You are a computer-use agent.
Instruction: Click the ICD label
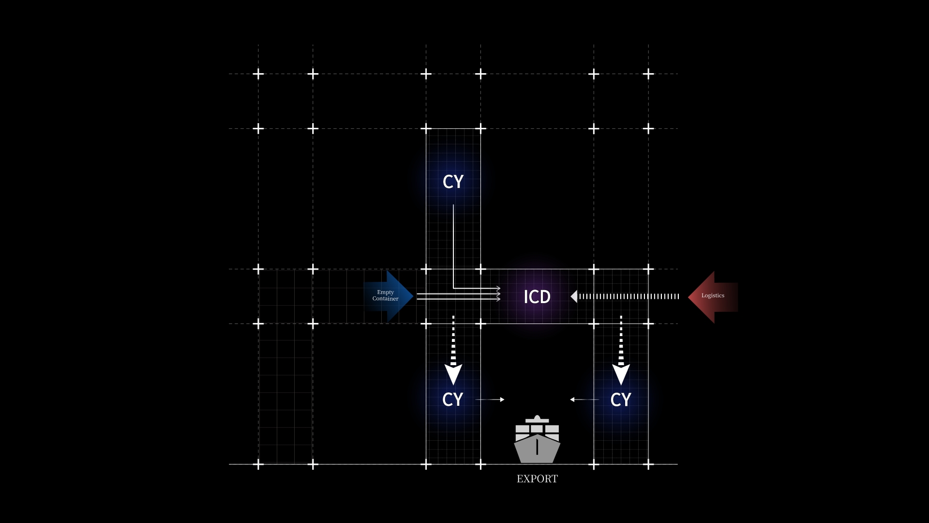click(x=537, y=296)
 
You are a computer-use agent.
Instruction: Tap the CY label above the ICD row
click(x=453, y=182)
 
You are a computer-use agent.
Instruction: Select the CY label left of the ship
click(x=453, y=400)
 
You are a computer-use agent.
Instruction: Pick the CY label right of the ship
click(x=621, y=400)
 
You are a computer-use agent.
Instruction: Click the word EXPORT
click(x=537, y=479)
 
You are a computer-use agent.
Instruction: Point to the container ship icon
click(x=537, y=439)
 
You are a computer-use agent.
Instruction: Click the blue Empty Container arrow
click(x=389, y=296)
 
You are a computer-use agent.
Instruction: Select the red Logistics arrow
click(x=713, y=297)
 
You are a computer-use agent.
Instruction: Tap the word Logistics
click(x=713, y=295)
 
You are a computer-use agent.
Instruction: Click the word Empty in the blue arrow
click(x=386, y=292)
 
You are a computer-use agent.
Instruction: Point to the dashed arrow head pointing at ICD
click(x=574, y=296)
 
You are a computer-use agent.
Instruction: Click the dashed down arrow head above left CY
click(x=453, y=374)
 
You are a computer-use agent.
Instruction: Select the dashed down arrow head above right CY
click(x=621, y=374)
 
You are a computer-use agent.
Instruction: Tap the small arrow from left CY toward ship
click(x=490, y=400)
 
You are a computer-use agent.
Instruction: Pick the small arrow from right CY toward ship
click(x=584, y=400)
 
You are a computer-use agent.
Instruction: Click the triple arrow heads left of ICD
click(x=498, y=294)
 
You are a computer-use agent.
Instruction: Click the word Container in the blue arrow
click(x=386, y=299)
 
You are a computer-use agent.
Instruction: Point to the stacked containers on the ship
click(x=537, y=430)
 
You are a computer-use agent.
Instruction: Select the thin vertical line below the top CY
click(x=453, y=246)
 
